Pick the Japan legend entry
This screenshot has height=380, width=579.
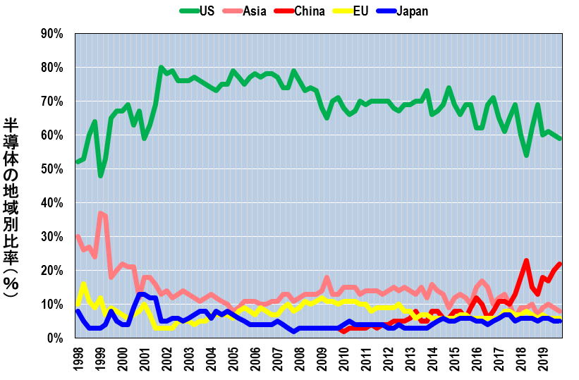click(x=412, y=11)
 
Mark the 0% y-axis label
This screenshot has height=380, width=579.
click(x=56, y=338)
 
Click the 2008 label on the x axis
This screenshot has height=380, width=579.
click(x=298, y=358)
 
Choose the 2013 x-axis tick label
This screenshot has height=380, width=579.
click(x=408, y=358)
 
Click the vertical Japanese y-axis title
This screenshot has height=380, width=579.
click(x=12, y=208)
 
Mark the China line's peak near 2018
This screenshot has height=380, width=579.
click(x=526, y=260)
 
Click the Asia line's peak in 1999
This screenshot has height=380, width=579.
click(x=101, y=212)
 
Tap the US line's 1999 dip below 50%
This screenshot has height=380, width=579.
click(x=101, y=176)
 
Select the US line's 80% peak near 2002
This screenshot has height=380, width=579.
click(x=161, y=68)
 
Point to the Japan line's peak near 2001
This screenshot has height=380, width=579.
click(x=141, y=294)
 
